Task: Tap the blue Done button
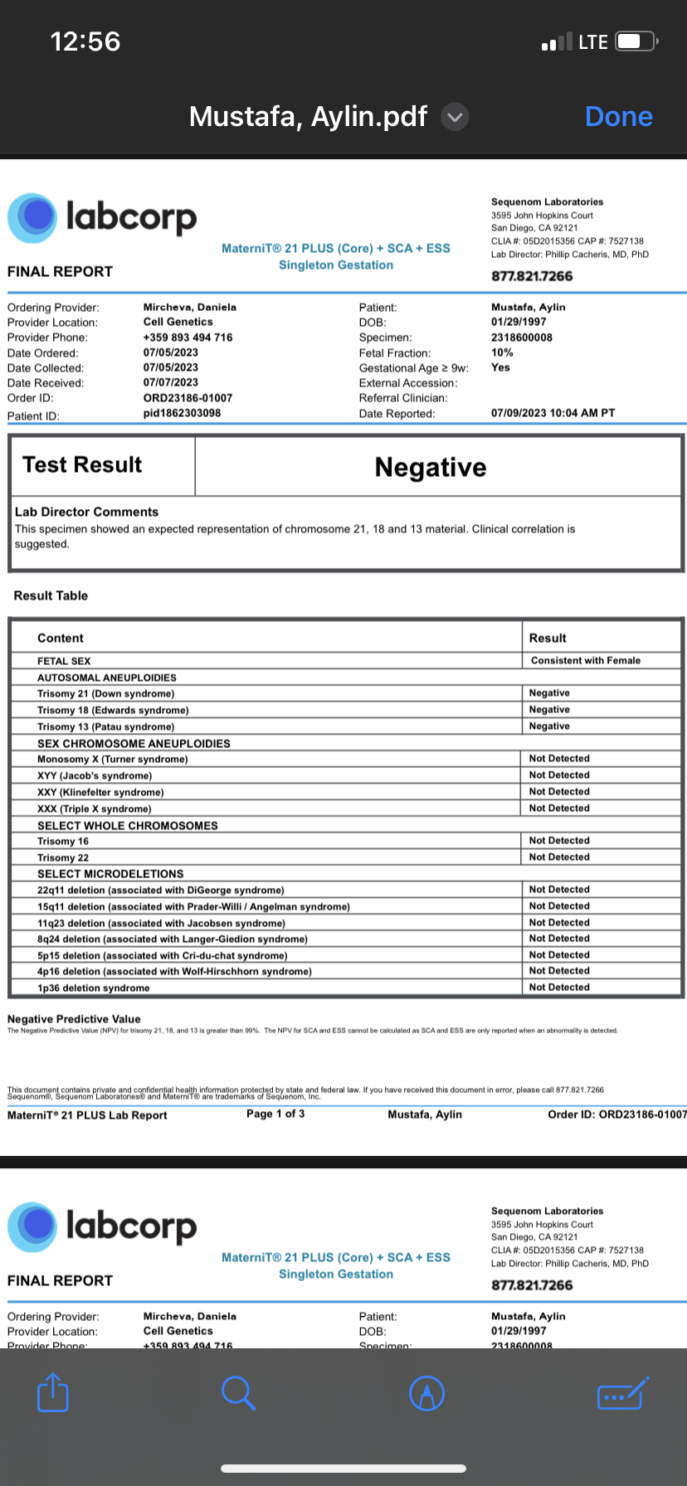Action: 618,117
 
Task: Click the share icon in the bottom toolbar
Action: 53,1392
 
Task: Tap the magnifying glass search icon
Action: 239,1392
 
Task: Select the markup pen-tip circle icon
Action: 427,1393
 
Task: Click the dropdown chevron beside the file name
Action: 455,117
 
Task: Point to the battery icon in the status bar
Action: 636,41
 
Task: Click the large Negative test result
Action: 431,468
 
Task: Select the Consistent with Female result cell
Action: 585,661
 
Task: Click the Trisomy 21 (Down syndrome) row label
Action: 105,694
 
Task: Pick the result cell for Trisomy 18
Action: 549,710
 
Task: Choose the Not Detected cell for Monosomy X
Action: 559,759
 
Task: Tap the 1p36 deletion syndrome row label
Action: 93,988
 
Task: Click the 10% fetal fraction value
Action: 502,352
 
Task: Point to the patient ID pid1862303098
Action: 182,413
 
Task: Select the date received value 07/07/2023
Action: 170,382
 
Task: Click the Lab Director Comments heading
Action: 86,512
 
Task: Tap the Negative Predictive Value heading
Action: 74,1019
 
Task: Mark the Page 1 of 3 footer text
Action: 275,1114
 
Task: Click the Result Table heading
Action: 51,595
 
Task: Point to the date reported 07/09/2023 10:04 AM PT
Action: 553,413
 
